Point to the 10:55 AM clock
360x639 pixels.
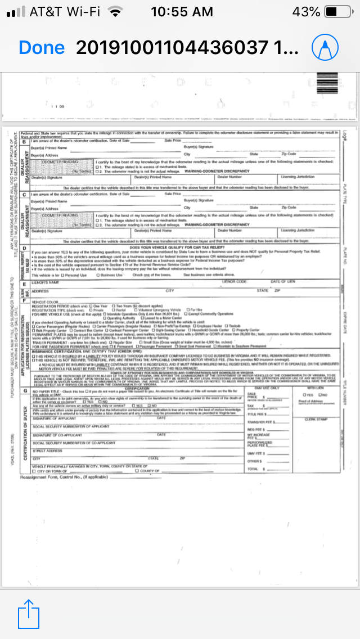[x=182, y=11]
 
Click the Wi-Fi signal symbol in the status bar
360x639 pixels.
[x=116, y=11]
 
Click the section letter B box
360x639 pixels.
[x=24, y=141]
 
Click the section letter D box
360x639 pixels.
[x=24, y=247]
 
